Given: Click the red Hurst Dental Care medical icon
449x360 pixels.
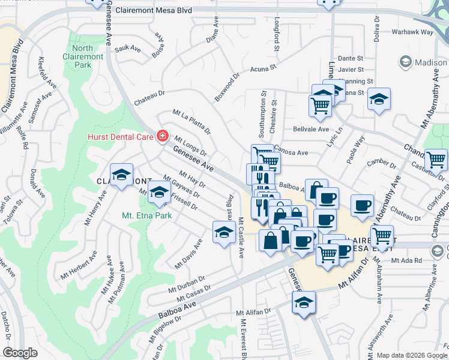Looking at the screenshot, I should click(x=161, y=137).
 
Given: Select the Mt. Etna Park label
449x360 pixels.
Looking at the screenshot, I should click(x=147, y=215).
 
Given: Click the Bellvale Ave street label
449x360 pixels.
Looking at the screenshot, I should click(x=310, y=129).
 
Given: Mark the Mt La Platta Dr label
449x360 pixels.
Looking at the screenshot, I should click(x=191, y=121).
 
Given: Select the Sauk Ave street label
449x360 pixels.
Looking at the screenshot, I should click(x=127, y=47).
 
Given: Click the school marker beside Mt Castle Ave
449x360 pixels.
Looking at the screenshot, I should click(x=223, y=232).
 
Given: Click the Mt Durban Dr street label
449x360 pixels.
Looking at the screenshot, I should click(x=187, y=282).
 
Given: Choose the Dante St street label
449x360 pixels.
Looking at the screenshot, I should click(x=351, y=58).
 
